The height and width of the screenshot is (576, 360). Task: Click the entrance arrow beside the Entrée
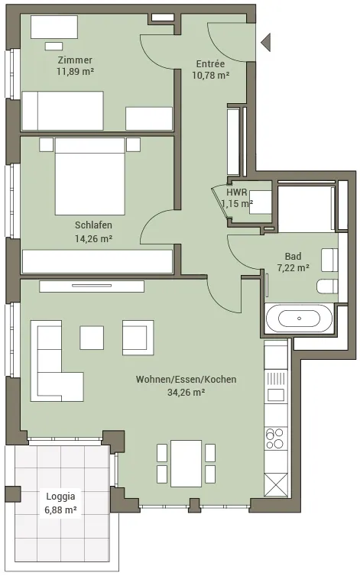[267, 42]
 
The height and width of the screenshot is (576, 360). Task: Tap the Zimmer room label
[75, 60]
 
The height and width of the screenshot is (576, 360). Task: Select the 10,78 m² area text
[211, 76]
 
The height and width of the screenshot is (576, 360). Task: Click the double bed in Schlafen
[89, 176]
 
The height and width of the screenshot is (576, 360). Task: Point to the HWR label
[237, 192]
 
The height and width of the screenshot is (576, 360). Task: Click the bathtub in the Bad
[299, 319]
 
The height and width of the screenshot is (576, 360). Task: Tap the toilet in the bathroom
[327, 286]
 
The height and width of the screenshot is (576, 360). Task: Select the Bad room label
[293, 256]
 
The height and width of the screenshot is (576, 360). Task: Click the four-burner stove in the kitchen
[275, 438]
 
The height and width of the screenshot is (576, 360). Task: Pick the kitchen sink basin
[275, 395]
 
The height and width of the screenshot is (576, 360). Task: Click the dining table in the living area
[186, 464]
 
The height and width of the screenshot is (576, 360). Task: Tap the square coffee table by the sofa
[92, 338]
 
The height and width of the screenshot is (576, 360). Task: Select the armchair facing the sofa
[138, 338]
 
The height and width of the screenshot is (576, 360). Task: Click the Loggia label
[60, 497]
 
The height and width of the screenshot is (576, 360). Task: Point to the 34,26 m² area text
[186, 393]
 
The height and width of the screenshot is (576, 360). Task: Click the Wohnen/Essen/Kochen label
[186, 379]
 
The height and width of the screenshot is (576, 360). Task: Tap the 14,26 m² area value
[93, 239]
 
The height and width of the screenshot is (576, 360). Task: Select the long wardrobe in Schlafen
[97, 261]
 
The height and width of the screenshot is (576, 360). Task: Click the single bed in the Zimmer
[63, 111]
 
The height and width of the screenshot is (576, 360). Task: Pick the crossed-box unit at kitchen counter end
[275, 484]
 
